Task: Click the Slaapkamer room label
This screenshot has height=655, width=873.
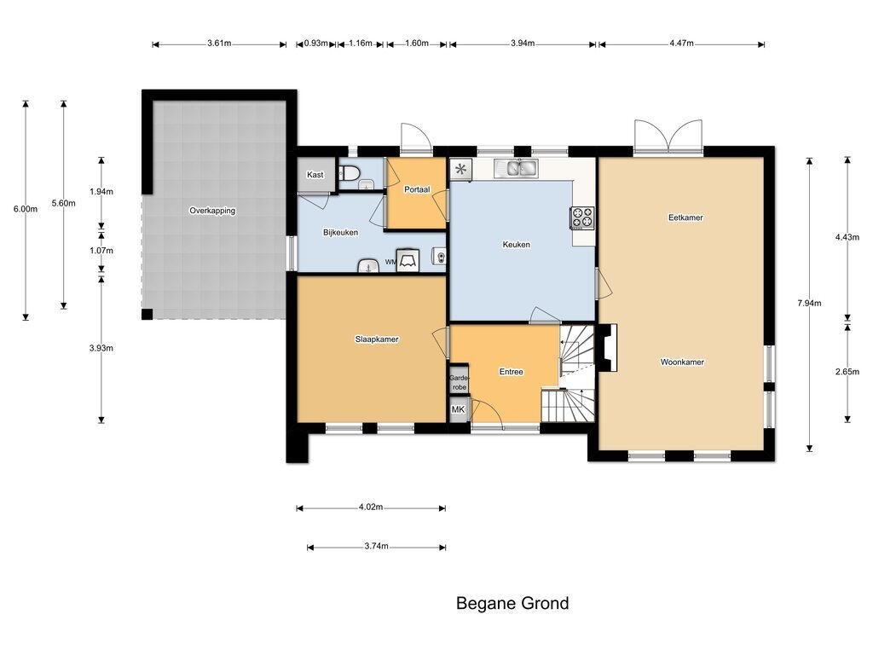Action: [x=377, y=339]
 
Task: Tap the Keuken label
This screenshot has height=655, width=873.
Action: [x=516, y=245]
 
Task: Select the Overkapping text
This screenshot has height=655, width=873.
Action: [x=212, y=212]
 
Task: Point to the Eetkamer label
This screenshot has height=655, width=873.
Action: [x=685, y=217]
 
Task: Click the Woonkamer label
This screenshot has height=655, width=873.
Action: [x=682, y=362]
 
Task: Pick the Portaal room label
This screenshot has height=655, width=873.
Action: [x=417, y=189]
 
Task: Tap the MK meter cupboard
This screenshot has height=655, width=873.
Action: [x=458, y=409]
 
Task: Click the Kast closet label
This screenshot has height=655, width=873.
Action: [x=315, y=174]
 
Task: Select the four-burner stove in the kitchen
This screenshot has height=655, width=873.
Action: [x=581, y=217]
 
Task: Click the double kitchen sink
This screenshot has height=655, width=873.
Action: [x=516, y=168]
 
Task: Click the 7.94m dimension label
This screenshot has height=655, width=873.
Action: [x=809, y=304]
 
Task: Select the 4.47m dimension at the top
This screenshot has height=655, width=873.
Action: [x=681, y=43]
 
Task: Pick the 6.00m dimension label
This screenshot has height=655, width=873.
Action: [x=26, y=210]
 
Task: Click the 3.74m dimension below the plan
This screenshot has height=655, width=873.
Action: [x=376, y=547]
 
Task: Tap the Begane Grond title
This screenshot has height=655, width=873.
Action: [x=512, y=603]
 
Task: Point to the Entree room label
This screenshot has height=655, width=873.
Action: [x=512, y=372]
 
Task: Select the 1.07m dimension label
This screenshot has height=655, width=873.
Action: [x=101, y=251]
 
